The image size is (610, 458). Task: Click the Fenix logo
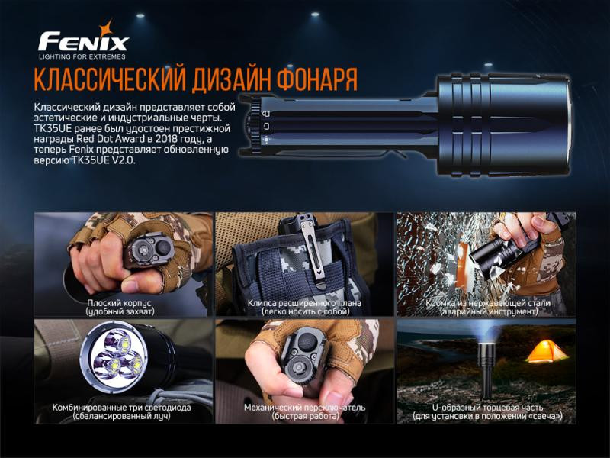tap(83, 40)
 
